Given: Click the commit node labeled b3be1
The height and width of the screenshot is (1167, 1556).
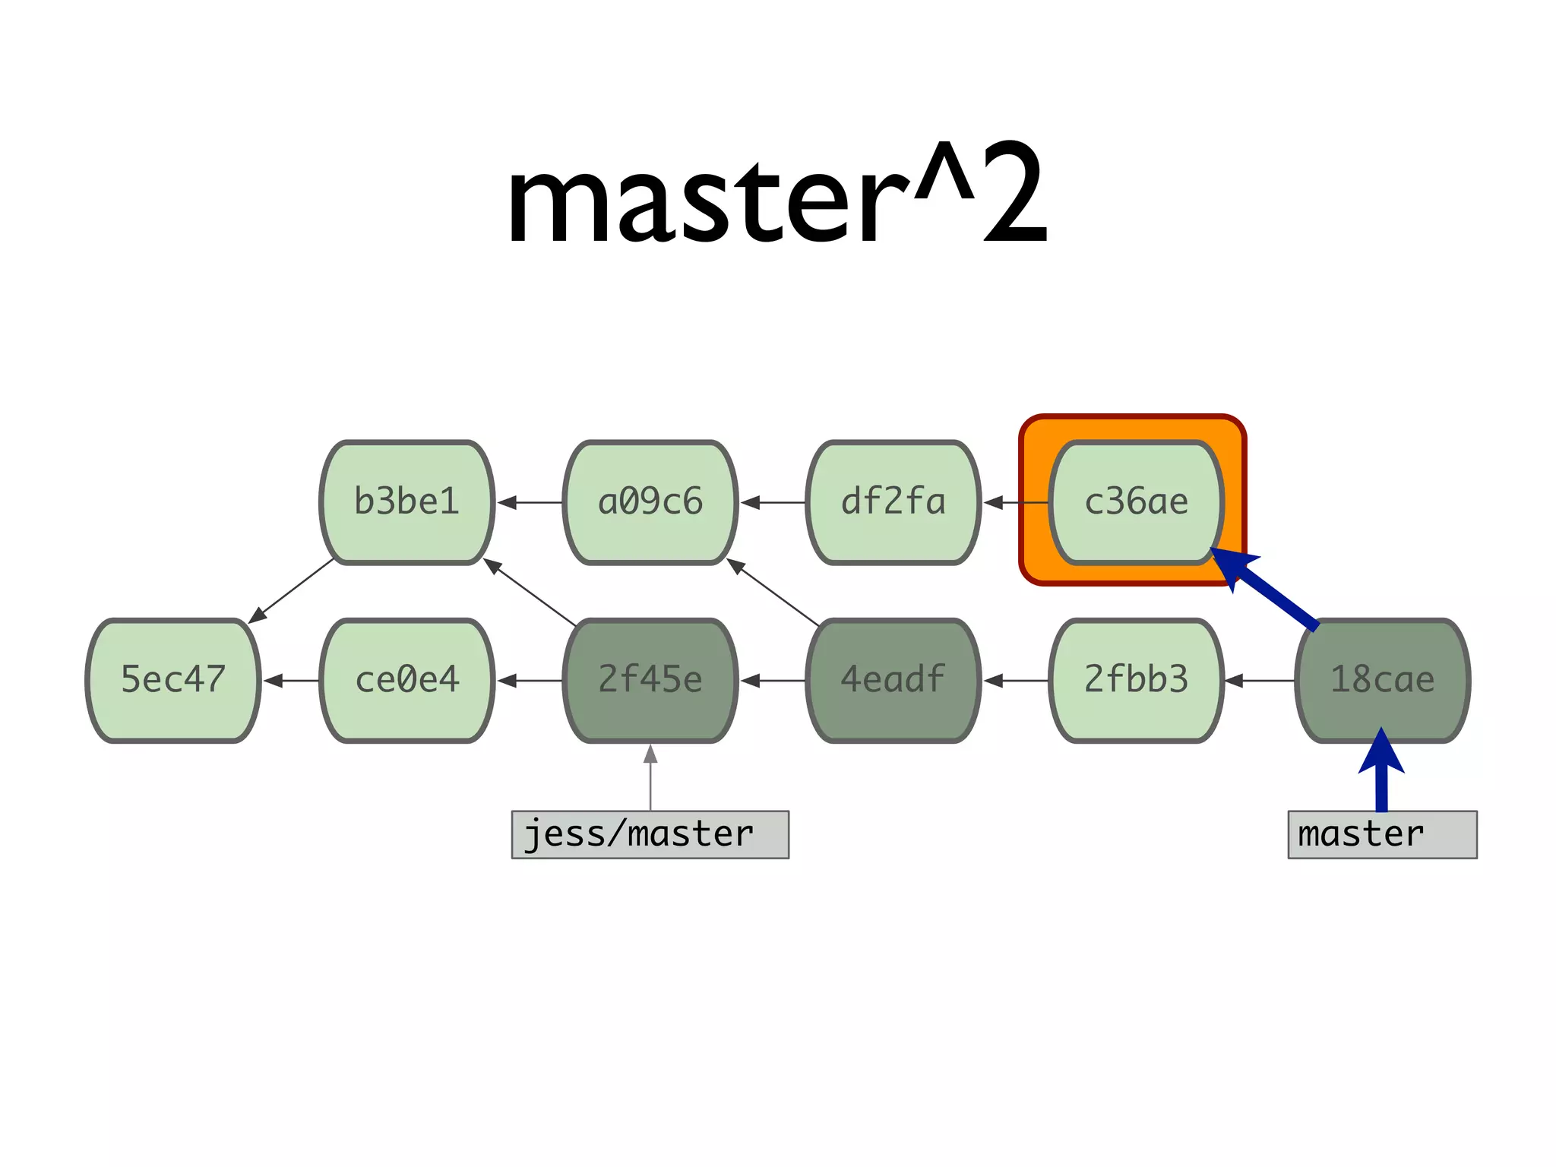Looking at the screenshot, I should tap(407, 502).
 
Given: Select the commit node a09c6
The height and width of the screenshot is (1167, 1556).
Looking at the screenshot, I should tap(650, 502).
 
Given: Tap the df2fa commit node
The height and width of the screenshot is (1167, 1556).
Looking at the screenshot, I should tap(893, 502).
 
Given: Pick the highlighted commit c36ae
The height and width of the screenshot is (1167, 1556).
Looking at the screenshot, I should tap(1137, 502).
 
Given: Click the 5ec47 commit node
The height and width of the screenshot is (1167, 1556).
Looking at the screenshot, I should tap(173, 680).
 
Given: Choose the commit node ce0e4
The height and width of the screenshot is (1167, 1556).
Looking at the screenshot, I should tap(407, 680).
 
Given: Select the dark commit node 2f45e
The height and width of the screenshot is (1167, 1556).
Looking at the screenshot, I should tap(650, 680).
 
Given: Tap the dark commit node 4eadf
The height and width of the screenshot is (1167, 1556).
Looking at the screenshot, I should tap(893, 680).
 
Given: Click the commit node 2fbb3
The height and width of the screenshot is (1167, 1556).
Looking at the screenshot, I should tap(1137, 680).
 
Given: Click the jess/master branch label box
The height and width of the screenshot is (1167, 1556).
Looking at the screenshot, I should tap(650, 834).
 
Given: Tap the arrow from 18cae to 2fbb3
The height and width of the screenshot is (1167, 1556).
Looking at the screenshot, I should tap(1260, 681).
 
